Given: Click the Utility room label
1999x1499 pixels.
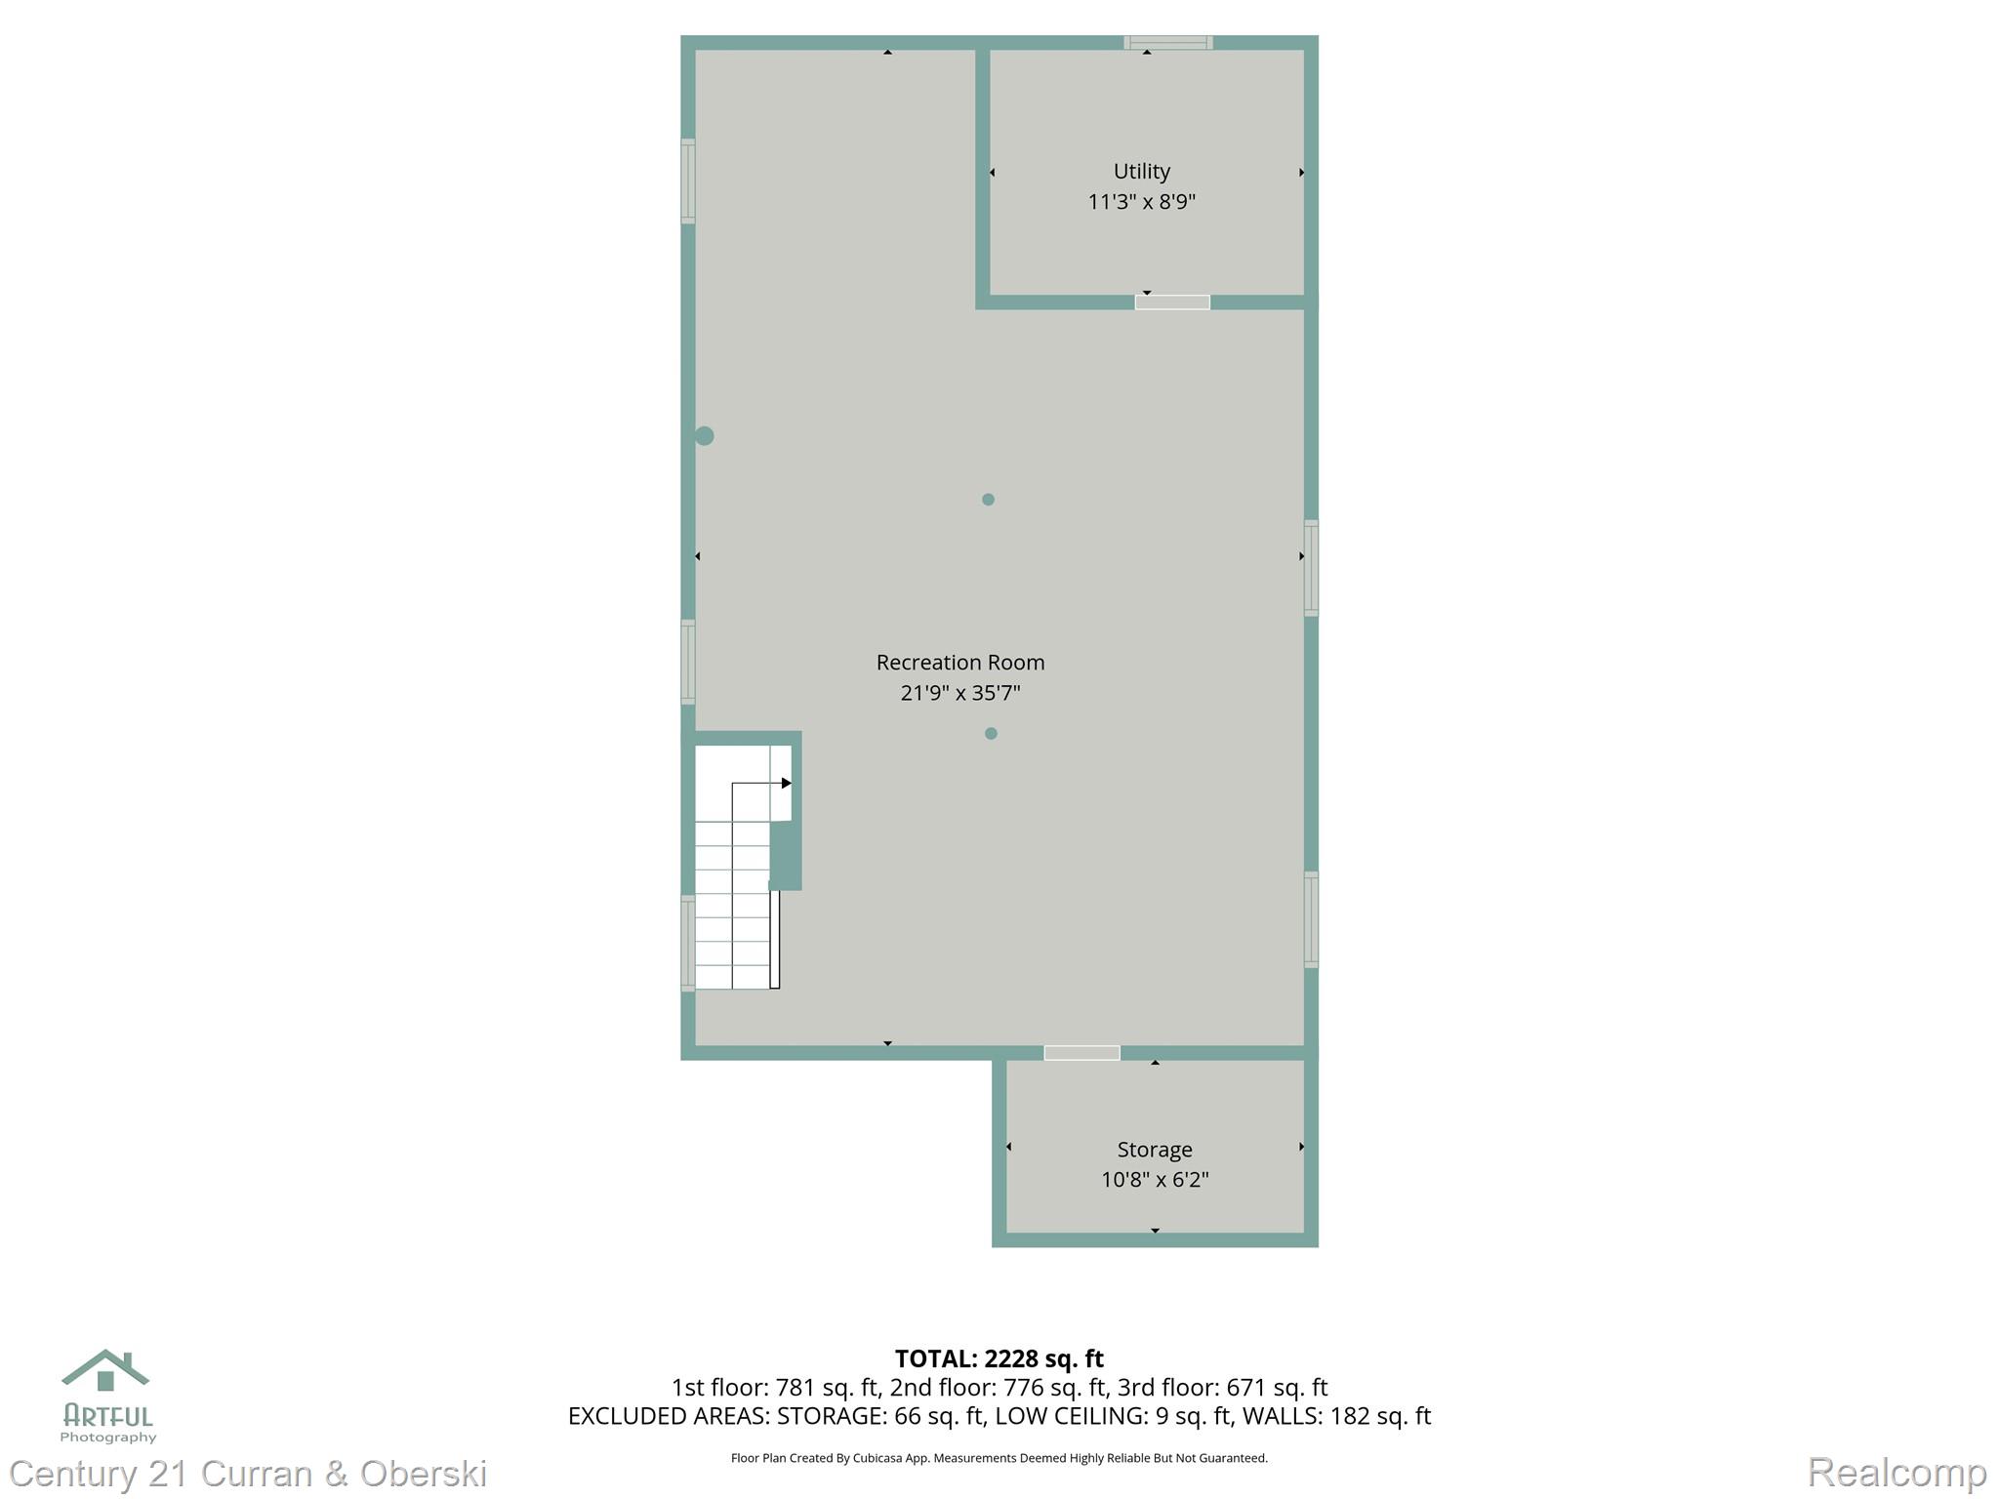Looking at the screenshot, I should [1141, 172].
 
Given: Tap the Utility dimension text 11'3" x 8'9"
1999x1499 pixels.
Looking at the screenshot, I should [1141, 202].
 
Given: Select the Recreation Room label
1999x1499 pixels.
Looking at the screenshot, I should [959, 663].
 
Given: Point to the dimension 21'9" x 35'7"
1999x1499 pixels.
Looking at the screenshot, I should [959, 693].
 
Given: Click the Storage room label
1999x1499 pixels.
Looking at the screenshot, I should [1154, 1150].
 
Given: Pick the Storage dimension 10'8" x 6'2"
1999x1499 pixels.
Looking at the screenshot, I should [1154, 1180].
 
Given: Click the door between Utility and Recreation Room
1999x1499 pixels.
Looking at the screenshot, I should [1171, 303].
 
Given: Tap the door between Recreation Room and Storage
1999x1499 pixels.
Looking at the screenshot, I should [1081, 1053].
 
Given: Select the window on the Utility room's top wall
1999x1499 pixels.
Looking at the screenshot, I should [1167, 43].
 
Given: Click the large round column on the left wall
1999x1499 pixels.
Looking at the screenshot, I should [704, 436].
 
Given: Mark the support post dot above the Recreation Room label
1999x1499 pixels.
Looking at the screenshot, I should [988, 500].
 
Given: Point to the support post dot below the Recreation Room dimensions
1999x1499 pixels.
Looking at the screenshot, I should [991, 734].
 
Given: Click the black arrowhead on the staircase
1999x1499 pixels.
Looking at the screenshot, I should [786, 783].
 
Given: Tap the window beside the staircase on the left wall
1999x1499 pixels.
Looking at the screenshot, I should [688, 943].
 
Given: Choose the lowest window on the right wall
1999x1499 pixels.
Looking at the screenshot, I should [1311, 919].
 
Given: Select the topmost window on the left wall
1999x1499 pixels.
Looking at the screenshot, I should [688, 182].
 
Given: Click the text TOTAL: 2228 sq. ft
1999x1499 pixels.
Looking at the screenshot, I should [999, 1358].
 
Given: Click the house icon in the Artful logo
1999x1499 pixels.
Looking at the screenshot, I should [105, 1370].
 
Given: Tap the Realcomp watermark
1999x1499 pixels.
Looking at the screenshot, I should [1897, 1472].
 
